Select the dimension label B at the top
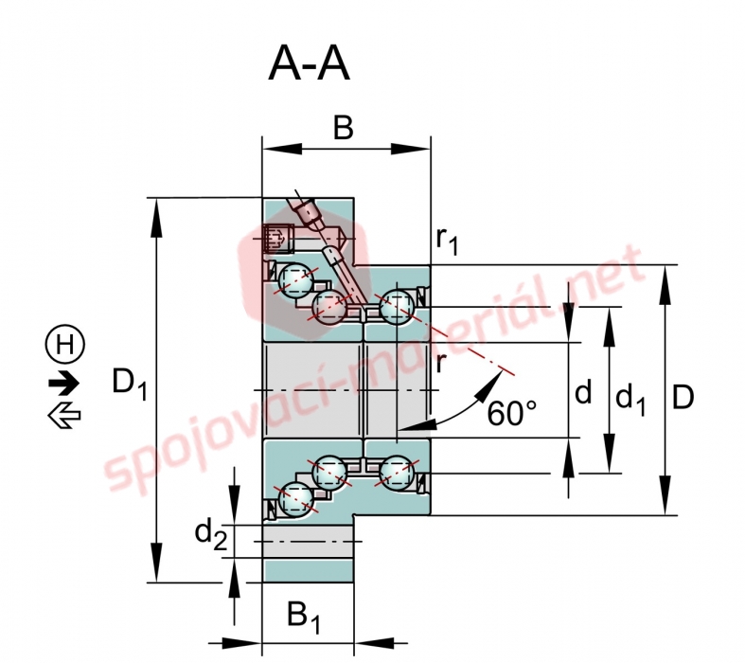344,128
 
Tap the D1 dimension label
130,383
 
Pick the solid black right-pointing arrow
64,383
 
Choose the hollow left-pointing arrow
64,416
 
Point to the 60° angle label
512,413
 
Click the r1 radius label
447,240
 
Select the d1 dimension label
630,399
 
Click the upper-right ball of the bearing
398,306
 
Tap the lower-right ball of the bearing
398,472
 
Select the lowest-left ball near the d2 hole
296,499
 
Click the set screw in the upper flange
279,237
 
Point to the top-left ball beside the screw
296,280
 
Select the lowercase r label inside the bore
441,364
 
